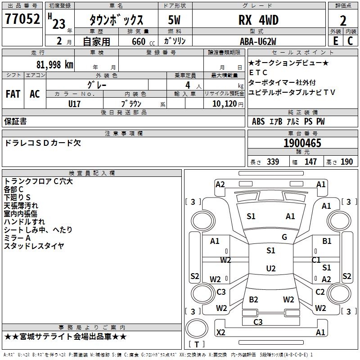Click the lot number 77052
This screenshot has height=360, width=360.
pyautogui.click(x=22, y=20)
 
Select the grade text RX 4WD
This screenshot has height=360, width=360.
pyautogui.click(x=258, y=20)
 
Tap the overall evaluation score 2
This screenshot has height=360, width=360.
pyautogui.click(x=343, y=20)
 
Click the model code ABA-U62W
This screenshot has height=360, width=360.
pyautogui.click(x=258, y=41)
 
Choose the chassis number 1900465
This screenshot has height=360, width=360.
pyautogui.click(x=302, y=144)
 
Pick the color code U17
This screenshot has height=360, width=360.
pyautogui.click(x=75, y=104)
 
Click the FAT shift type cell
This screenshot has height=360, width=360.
pyautogui.click(x=13, y=94)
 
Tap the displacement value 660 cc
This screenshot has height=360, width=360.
pyautogui.click(x=138, y=42)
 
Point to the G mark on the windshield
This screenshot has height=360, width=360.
pyautogui.click(x=284, y=237)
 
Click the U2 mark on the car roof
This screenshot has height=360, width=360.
pyautogui.click(x=270, y=269)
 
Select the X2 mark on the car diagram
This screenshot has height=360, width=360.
pyautogui.click(x=221, y=333)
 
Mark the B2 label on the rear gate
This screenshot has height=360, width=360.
pyautogui.click(x=254, y=299)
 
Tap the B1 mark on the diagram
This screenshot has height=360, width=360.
pyautogui.click(x=327, y=241)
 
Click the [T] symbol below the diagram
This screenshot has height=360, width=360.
pyautogui.click(x=197, y=345)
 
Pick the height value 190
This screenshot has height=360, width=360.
pyautogui.click(x=346, y=162)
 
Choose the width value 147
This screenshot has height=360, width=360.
pyautogui.click(x=310, y=162)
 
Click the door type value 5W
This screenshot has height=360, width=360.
pyautogui.click(x=175, y=20)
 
